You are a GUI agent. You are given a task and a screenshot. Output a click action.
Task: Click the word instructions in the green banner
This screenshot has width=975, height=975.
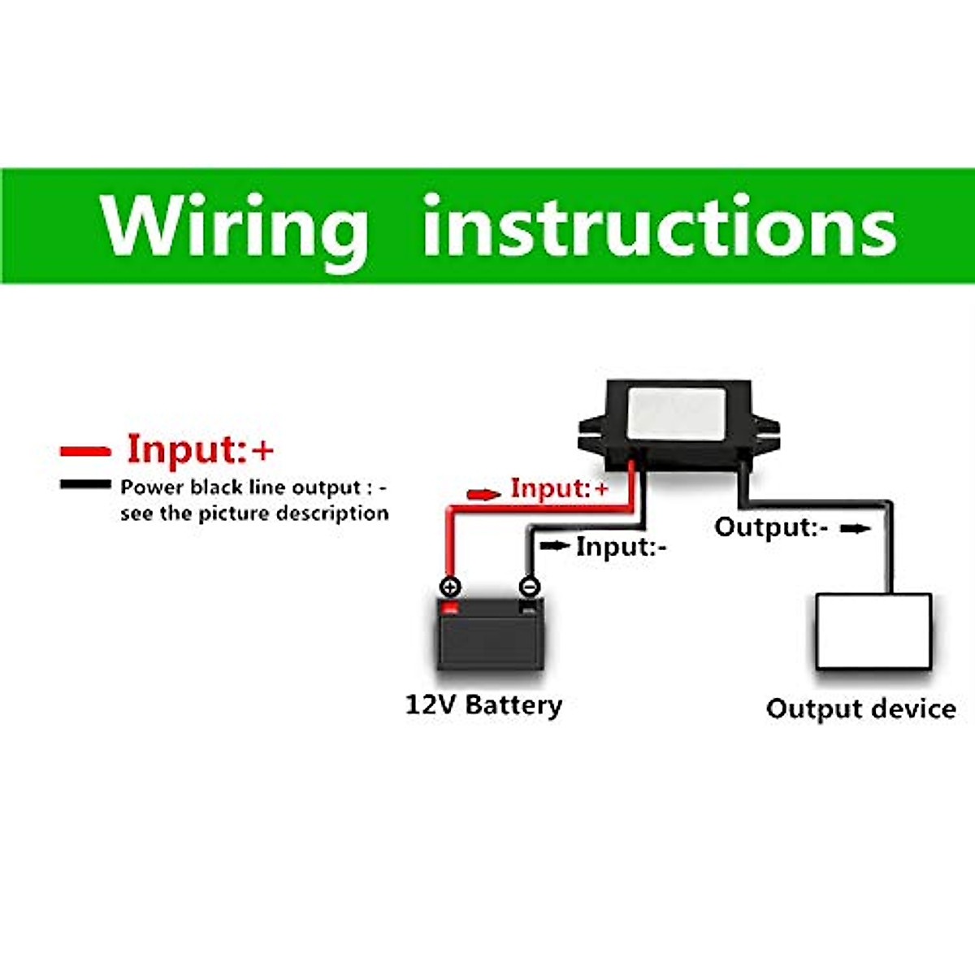659,226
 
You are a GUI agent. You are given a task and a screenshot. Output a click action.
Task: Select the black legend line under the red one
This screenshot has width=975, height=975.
85,485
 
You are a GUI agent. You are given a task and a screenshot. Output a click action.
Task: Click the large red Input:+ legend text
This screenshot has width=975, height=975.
201,448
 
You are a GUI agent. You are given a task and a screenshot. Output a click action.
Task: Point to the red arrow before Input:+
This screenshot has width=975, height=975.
483,494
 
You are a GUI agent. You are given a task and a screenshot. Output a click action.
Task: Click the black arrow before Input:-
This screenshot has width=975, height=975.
554,545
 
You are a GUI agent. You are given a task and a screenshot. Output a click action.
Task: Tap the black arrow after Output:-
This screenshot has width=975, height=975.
855,529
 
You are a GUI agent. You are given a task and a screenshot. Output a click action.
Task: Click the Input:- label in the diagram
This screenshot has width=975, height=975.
622,547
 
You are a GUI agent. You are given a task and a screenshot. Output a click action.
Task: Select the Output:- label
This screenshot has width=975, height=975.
771,527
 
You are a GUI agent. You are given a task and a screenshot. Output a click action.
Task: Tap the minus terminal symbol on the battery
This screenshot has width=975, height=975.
529,586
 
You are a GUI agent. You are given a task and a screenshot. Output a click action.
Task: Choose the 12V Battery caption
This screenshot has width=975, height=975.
483,704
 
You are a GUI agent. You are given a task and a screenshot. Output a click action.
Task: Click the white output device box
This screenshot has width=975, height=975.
873,631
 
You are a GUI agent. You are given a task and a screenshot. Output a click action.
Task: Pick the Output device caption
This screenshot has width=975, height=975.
860,708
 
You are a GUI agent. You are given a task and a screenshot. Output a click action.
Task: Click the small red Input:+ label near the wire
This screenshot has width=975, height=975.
559,489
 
